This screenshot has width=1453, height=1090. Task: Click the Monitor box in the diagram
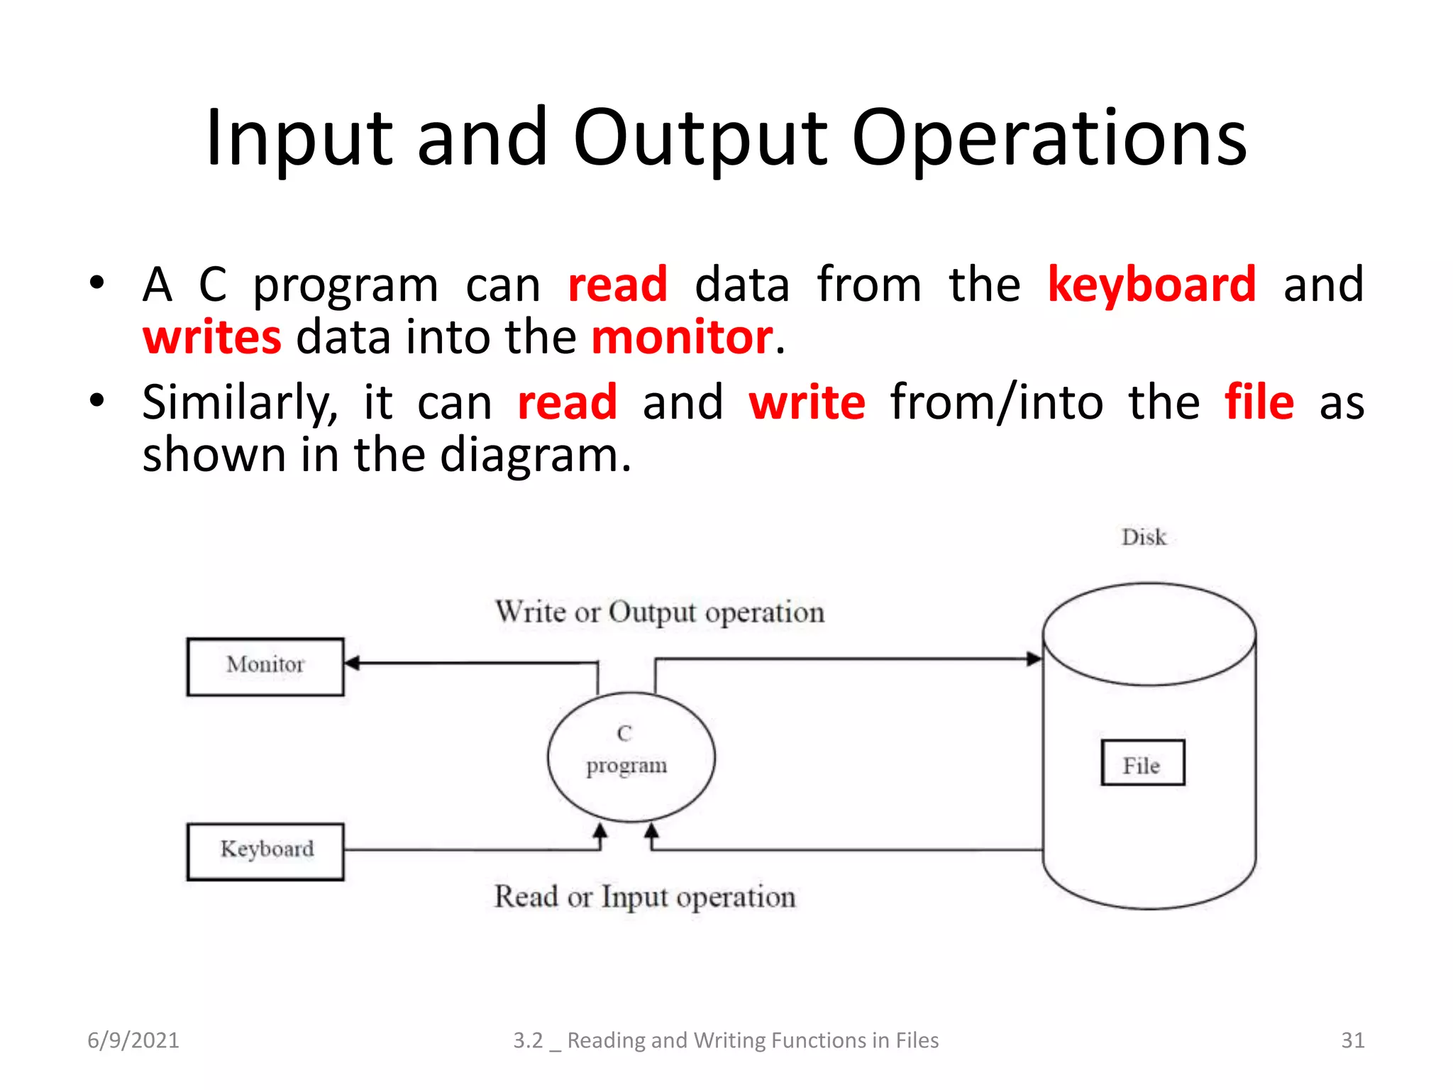[265, 666]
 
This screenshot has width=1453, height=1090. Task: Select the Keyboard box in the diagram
[265, 851]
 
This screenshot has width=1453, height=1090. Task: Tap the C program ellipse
[631, 756]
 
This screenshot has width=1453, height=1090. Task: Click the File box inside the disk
[1142, 763]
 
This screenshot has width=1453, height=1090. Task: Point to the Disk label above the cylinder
[1143, 537]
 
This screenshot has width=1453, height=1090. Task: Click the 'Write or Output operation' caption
[659, 612]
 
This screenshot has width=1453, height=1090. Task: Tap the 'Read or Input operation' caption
[644, 897]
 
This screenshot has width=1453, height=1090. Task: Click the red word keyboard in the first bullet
[1151, 285]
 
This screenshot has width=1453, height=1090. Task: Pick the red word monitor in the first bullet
[682, 337]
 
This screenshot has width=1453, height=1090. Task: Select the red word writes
[211, 337]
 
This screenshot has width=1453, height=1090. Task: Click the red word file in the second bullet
[1259, 402]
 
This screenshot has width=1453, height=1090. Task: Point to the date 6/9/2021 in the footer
[133, 1040]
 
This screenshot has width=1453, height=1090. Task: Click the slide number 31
[1352, 1040]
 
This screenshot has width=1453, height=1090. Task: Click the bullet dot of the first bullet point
[96, 283]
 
